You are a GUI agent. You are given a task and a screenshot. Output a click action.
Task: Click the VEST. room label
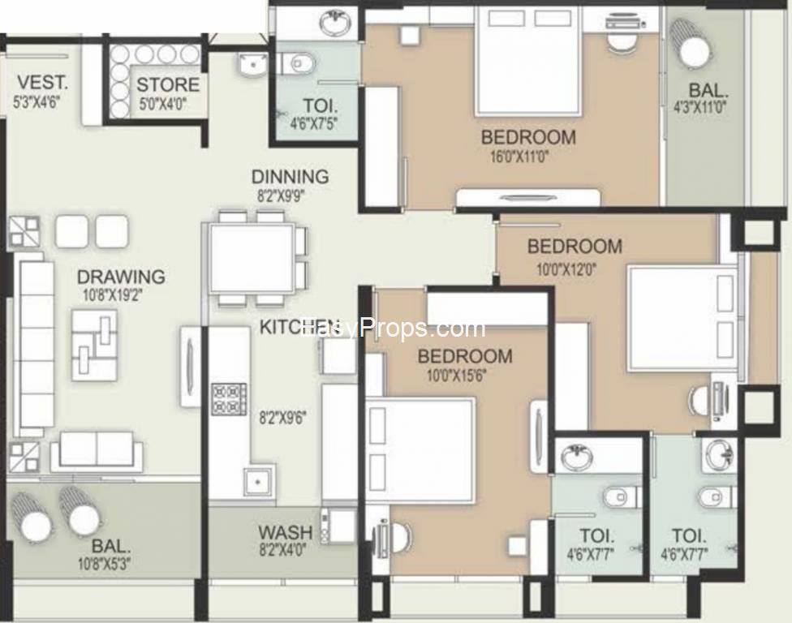tap(42, 83)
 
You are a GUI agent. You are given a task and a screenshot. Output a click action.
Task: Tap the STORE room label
tap(167, 85)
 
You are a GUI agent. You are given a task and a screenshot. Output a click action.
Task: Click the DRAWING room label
tap(121, 277)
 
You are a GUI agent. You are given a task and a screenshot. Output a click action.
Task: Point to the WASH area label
tap(285, 532)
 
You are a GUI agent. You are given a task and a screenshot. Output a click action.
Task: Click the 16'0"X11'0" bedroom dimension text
tap(527, 157)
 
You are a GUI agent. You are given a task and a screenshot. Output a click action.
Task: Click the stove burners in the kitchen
tap(229, 398)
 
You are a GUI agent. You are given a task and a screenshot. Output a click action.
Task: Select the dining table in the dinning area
tap(251, 259)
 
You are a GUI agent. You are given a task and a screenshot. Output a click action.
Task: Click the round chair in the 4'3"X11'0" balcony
tap(694, 53)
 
